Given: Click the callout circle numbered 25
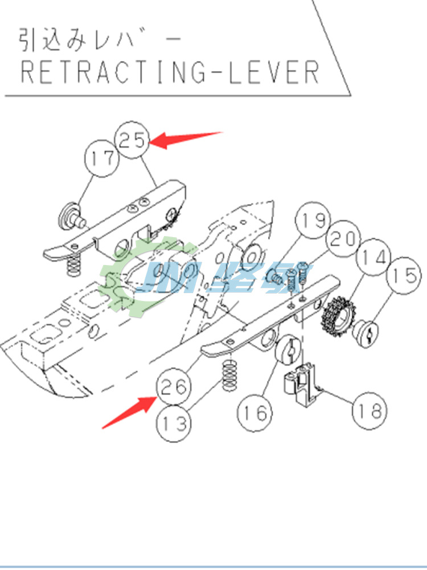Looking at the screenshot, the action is click(x=132, y=140).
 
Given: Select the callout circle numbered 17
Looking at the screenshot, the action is click(x=102, y=158).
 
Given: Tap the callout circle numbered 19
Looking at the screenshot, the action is click(x=313, y=220).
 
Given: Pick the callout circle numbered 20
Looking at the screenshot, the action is click(x=343, y=239).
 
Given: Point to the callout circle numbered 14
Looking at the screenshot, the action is click(x=373, y=258).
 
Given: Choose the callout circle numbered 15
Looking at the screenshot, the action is click(x=404, y=275).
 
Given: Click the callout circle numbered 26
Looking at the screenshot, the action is click(x=174, y=386).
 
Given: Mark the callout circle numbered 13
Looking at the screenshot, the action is click(x=174, y=424).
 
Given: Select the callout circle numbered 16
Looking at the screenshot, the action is click(x=255, y=413).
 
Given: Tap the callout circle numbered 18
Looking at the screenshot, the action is click(x=369, y=411).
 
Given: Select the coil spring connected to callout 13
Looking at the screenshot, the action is click(x=229, y=376).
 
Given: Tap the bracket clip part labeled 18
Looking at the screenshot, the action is click(x=300, y=385).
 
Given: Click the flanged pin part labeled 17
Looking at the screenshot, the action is click(x=71, y=217).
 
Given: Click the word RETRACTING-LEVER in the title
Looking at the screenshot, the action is click(x=170, y=72).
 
